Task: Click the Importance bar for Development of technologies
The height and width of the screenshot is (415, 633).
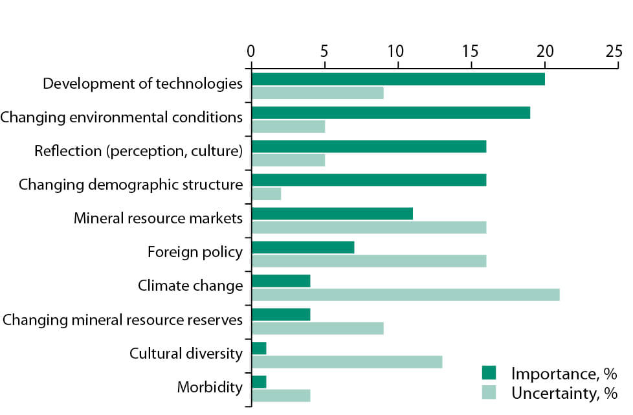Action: [x=397, y=79]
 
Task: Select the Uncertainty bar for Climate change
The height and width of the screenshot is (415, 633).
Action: [x=405, y=295]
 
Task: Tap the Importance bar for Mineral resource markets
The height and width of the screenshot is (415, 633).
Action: [x=331, y=214]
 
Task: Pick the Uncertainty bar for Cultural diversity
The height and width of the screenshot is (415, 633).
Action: [x=346, y=362]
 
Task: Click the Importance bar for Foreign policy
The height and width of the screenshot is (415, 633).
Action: [x=302, y=247]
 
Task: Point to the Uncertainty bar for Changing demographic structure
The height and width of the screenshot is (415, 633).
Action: [x=266, y=194]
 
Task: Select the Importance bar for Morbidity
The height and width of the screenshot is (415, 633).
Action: [x=259, y=382]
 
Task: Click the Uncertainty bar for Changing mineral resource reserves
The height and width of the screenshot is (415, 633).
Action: [x=317, y=328]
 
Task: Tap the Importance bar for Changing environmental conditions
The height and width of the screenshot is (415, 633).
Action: [x=390, y=113]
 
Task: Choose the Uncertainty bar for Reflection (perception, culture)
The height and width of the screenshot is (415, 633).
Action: [x=288, y=160]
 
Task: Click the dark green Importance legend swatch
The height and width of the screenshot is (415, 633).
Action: [x=489, y=374]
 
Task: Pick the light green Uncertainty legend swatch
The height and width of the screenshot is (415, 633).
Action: [x=489, y=393]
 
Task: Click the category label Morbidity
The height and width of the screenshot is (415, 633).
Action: [x=210, y=388]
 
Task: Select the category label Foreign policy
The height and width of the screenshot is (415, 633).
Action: [x=195, y=252]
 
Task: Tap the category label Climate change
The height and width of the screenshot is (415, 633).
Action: [x=190, y=286]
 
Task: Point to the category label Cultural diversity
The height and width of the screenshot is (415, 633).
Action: [x=186, y=353]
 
